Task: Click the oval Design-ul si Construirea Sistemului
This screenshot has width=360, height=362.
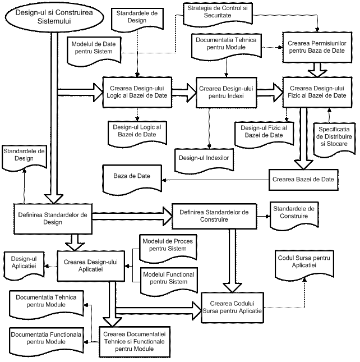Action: pos(54,17)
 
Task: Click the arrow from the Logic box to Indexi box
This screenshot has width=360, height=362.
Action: pos(182,91)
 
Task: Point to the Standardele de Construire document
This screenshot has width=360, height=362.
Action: pos(294,213)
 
